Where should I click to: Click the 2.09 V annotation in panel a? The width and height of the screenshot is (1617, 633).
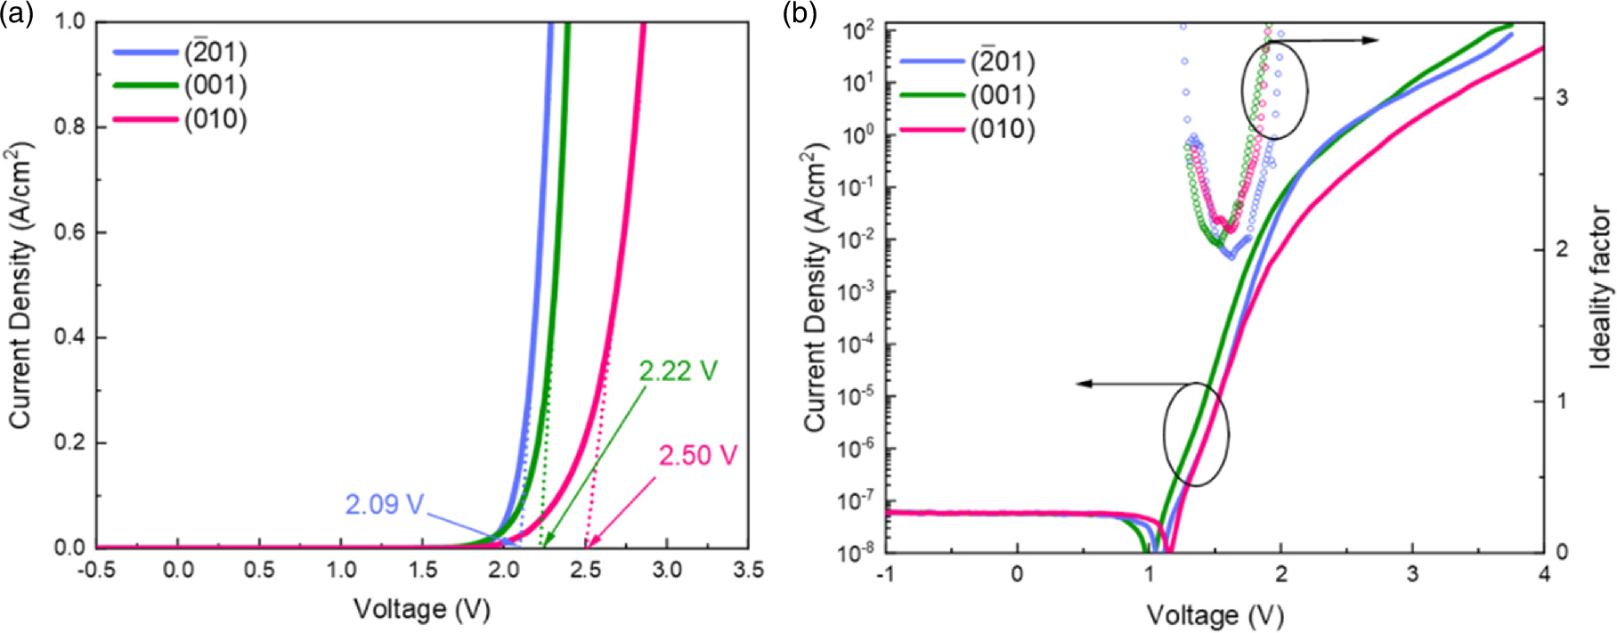click(384, 505)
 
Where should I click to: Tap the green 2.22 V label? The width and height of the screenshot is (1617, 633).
click(678, 370)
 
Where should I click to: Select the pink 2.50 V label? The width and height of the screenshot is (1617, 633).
click(698, 456)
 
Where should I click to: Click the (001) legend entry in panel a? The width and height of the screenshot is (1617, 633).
click(215, 85)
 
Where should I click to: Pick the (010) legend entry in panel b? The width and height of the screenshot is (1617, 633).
click(1003, 129)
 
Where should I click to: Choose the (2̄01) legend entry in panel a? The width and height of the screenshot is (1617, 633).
click(215, 53)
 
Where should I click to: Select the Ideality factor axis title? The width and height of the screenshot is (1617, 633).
click(1600, 288)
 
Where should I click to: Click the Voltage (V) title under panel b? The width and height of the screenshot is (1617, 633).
click(1215, 615)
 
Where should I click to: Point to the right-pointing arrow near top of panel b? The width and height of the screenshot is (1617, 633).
click(1331, 40)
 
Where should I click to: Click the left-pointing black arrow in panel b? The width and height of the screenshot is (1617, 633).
click(1122, 384)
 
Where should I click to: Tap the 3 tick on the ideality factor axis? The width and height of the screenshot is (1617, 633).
click(1562, 97)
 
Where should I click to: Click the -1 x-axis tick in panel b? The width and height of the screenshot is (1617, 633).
click(885, 575)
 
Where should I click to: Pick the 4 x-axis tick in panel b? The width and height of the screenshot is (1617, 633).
click(1544, 575)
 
